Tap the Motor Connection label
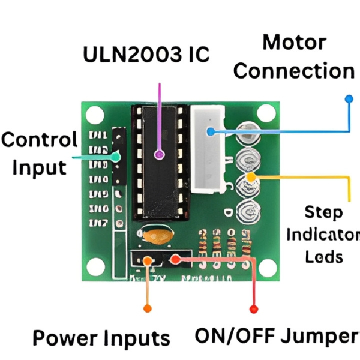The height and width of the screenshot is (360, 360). [x=294, y=57]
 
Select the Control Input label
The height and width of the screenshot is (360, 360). [x=39, y=154]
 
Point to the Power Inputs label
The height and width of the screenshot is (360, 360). [x=101, y=338]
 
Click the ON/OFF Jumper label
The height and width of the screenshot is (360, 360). [x=277, y=336]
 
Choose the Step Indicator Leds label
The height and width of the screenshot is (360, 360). [x=324, y=234]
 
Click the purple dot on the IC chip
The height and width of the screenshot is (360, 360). [x=159, y=155]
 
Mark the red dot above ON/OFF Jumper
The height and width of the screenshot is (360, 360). [x=253, y=308]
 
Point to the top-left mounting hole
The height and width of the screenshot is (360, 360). [x=94, y=113]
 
